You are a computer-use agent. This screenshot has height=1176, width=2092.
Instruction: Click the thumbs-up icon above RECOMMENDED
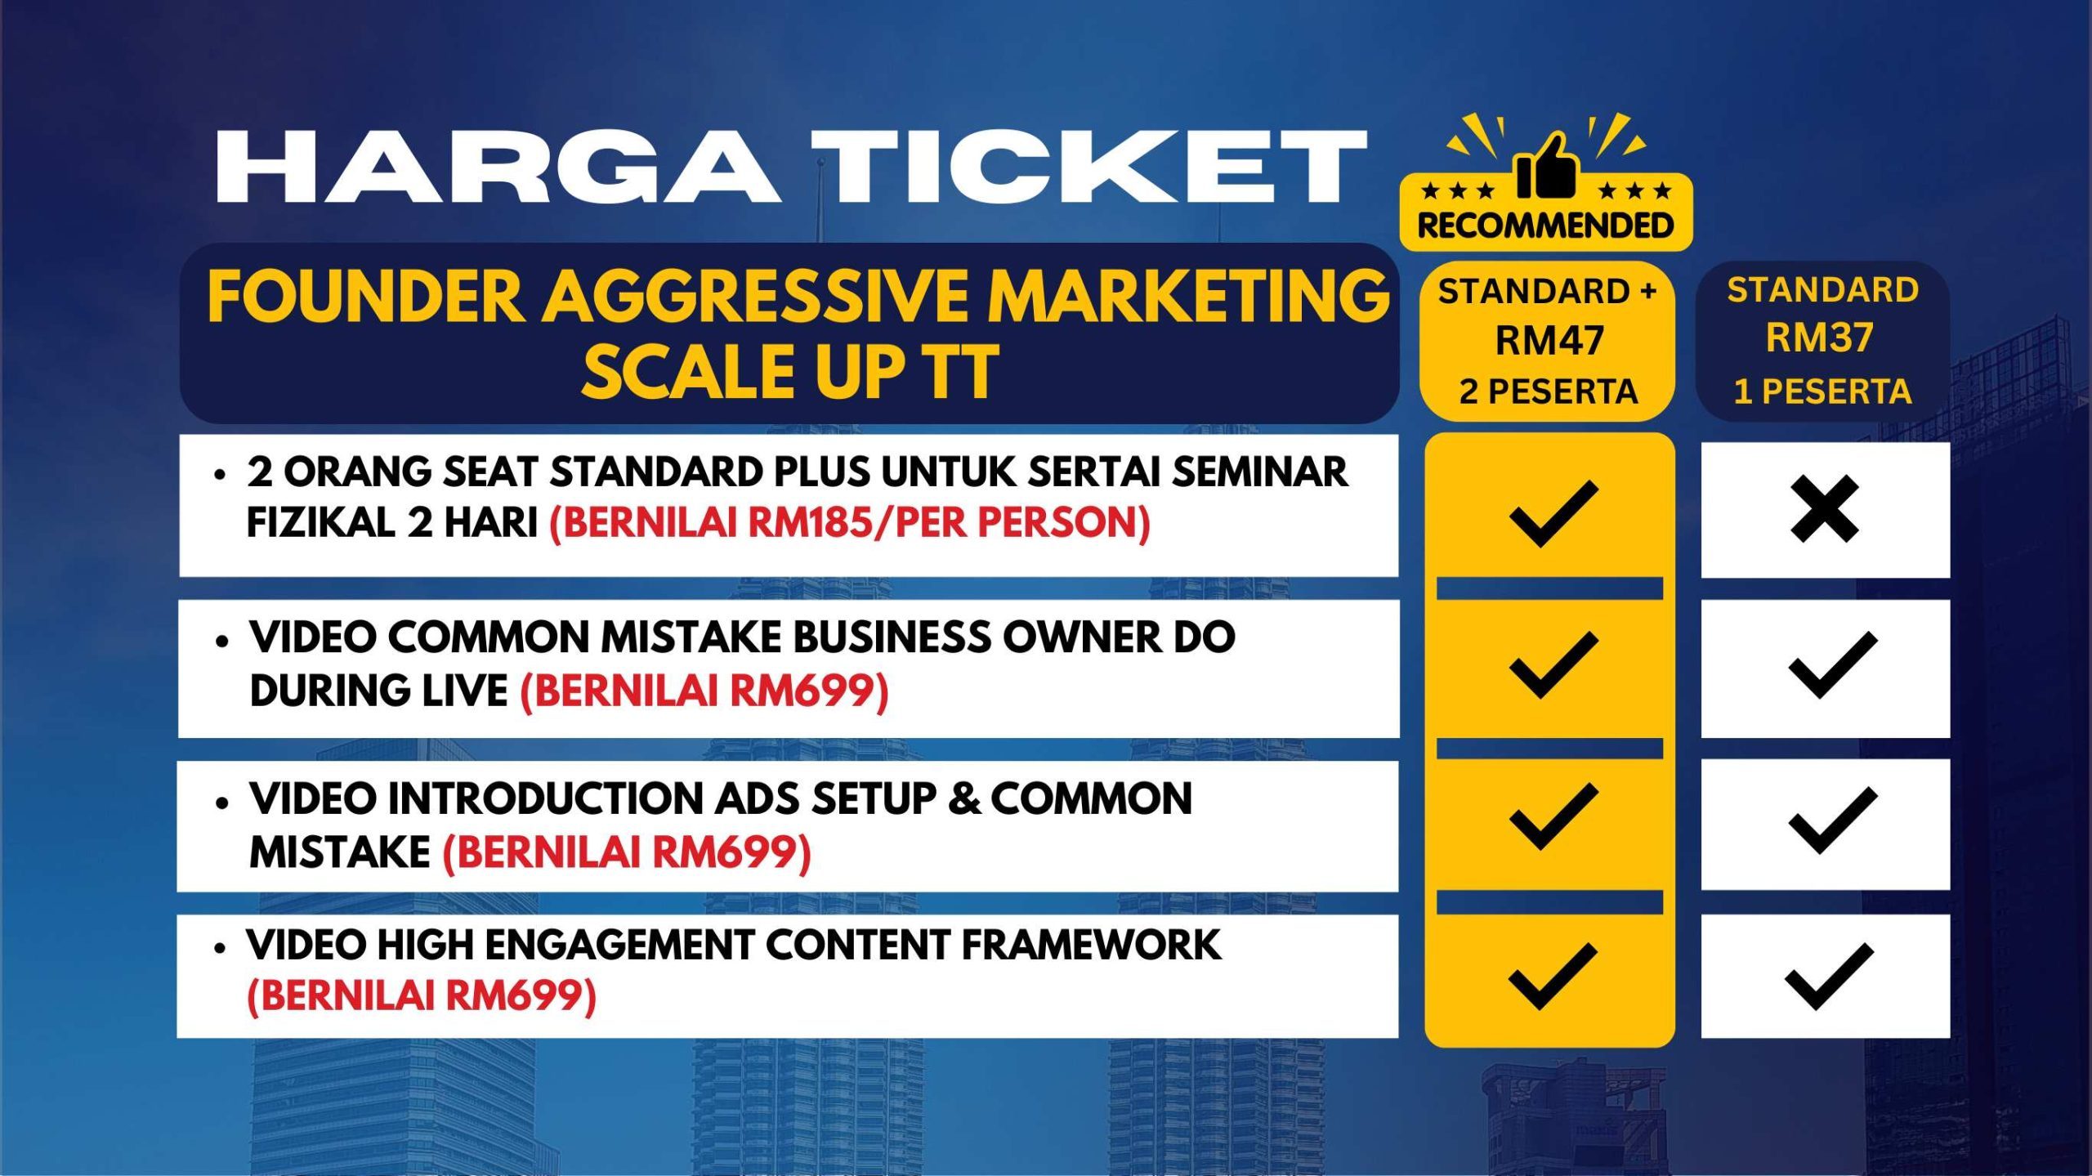[1545, 166]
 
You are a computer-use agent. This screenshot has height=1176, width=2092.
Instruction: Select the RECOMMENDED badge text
[1545, 226]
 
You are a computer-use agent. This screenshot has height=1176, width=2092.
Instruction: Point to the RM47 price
[1549, 340]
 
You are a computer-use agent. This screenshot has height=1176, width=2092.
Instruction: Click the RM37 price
[1820, 338]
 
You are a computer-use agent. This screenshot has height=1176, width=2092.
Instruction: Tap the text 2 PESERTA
[1549, 391]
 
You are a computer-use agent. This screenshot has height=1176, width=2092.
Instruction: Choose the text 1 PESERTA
[1822, 391]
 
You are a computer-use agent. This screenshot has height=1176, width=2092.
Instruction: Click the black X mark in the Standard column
[1824, 510]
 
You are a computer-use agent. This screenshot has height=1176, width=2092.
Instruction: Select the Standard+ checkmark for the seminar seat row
[1553, 514]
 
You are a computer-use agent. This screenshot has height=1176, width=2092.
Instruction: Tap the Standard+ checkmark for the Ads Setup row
[1553, 816]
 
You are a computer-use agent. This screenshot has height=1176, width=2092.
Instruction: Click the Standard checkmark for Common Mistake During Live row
[1833, 665]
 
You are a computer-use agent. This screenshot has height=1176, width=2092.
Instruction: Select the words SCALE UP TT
[790, 372]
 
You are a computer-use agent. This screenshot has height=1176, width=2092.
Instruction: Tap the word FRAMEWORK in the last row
[1091, 945]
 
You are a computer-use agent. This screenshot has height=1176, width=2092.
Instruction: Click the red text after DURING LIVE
[704, 691]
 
